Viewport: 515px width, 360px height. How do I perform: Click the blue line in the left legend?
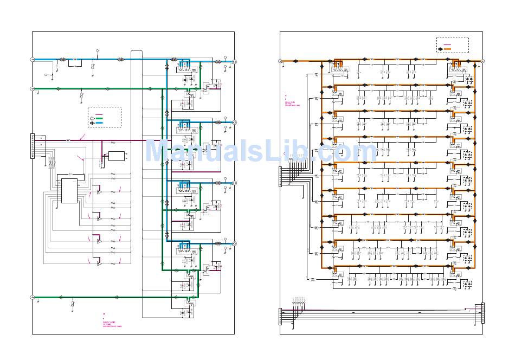100,123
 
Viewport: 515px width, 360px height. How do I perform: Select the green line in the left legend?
100,118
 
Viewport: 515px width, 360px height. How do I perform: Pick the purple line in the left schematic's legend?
100,113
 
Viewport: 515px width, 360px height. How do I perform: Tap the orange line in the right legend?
448,49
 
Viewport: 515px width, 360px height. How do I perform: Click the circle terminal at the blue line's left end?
32,60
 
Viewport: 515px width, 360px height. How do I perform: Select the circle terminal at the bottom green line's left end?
32,297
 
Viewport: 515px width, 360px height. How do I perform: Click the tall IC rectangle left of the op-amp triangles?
69,190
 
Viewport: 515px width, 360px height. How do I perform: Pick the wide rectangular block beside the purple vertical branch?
116,156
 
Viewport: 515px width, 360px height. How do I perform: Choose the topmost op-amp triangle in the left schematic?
99,192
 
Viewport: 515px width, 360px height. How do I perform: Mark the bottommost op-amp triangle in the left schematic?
99,263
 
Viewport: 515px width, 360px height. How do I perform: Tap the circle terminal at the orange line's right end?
482,61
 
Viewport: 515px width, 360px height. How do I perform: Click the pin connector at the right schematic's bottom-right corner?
482,313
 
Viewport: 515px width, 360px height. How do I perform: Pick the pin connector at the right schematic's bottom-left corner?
280,316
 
